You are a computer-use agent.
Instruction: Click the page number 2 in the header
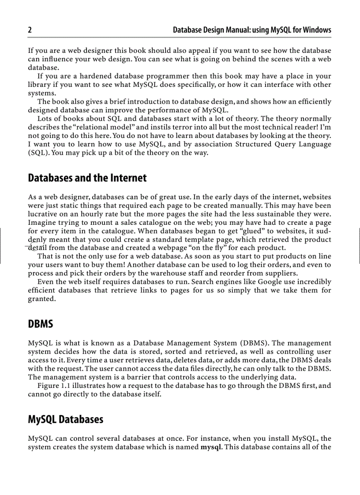click(30, 30)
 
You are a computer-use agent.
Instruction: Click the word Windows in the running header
click(317, 30)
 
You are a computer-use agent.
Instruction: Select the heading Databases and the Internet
click(87, 178)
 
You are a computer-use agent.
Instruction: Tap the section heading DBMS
click(41, 324)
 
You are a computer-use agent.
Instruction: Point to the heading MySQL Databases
click(65, 419)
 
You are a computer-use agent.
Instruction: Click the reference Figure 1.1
click(54, 386)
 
